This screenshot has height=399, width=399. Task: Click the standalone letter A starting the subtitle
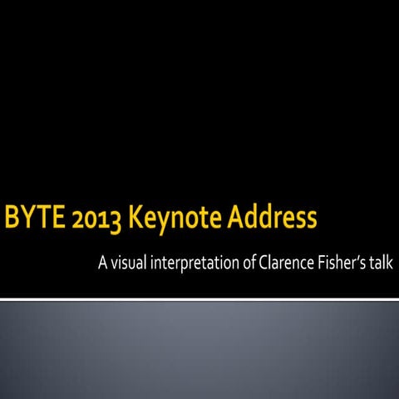point(103,265)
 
